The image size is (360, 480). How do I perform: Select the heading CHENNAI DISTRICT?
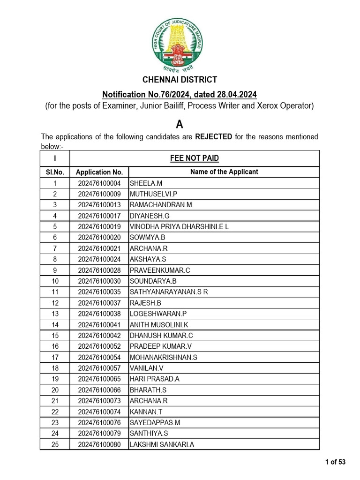[180, 80]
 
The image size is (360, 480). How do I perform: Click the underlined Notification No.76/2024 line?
[180, 95]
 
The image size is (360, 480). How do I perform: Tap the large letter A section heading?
[180, 124]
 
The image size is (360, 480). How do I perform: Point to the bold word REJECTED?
[213, 137]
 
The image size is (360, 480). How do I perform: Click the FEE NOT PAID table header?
[194, 158]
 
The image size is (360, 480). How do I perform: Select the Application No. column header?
[99, 172]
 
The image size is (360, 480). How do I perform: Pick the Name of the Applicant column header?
[224, 172]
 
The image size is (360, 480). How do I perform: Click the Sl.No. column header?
[55, 172]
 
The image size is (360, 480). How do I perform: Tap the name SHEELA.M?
[146, 183]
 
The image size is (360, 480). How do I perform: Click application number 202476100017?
[99, 216]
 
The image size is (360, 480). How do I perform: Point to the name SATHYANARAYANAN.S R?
[168, 292]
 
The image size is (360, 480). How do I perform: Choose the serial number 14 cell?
[55, 324]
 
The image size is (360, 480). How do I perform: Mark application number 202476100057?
[99, 368]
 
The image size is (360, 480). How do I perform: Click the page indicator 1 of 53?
[335, 462]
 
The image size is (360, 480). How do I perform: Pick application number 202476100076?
[99, 423]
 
